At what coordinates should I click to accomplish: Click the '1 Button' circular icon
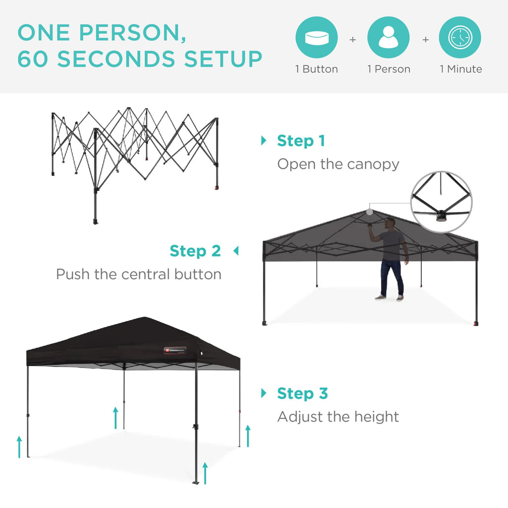(317, 38)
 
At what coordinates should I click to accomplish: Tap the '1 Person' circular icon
(388, 38)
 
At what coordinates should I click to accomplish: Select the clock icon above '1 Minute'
(460, 38)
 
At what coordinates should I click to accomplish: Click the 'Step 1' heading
(301, 141)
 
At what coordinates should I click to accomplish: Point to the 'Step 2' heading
(195, 251)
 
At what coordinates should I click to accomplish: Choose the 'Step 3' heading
(302, 394)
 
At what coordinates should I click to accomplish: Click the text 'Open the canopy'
(338, 164)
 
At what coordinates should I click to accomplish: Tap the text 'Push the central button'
(138, 274)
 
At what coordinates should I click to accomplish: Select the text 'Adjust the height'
(338, 417)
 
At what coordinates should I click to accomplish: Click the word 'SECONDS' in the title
(118, 59)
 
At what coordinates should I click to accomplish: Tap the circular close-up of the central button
(442, 202)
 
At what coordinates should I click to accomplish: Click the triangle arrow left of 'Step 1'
(263, 141)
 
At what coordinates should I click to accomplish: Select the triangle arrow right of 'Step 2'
(236, 251)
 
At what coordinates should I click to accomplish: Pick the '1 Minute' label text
(460, 69)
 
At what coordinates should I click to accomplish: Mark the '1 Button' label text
(317, 69)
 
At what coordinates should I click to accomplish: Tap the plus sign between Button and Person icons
(353, 39)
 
